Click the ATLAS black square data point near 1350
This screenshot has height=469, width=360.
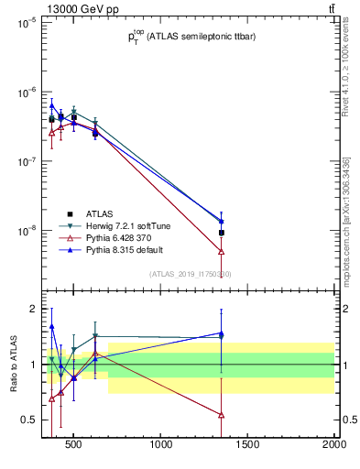[x=222, y=233]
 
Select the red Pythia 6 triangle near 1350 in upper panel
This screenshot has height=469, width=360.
[x=222, y=251]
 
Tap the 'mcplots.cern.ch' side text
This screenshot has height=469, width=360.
[x=348, y=229]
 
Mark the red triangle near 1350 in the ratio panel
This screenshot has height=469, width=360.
[x=222, y=414]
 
